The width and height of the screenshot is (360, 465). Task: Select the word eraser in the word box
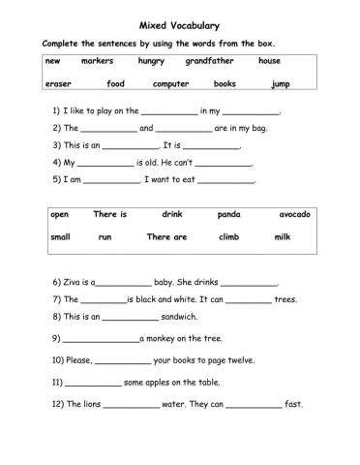point(58,84)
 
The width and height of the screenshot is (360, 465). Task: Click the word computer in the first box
point(171,84)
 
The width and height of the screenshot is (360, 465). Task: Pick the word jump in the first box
point(281,84)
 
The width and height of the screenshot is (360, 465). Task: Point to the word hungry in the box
point(151,61)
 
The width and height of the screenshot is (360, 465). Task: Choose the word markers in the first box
point(98,61)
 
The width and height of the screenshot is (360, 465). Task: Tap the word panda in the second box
point(229,214)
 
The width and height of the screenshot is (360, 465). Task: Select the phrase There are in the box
point(166,237)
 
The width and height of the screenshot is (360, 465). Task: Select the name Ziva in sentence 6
point(74,282)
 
